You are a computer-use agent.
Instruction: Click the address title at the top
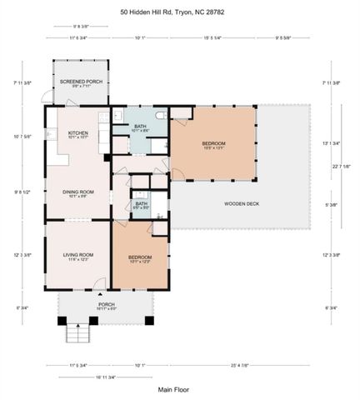179,12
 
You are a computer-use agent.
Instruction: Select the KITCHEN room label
78,134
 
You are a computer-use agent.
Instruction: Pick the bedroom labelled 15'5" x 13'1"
213,145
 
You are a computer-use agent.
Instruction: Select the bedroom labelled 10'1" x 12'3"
139,258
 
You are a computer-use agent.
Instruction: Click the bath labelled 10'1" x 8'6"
140,127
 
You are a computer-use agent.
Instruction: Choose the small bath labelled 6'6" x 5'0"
142,205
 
